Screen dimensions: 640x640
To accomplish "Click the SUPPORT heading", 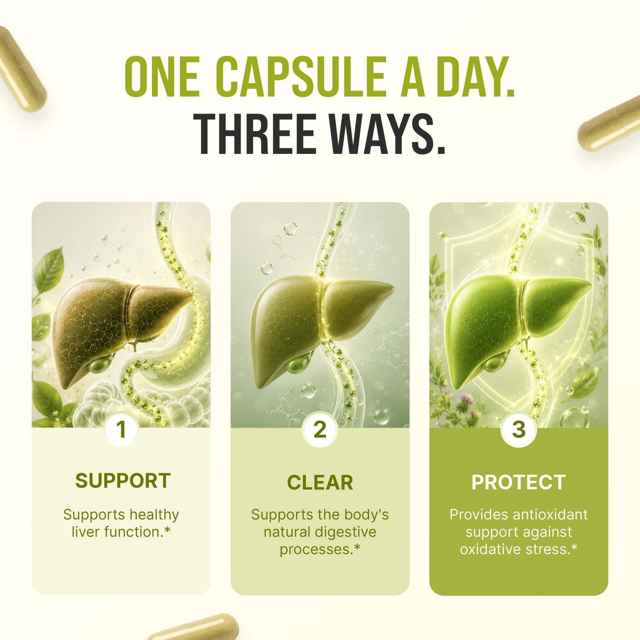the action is pos(123,481).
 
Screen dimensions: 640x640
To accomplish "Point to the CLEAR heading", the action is pos(320,483).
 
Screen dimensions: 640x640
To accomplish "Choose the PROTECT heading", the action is pos(518,482).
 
